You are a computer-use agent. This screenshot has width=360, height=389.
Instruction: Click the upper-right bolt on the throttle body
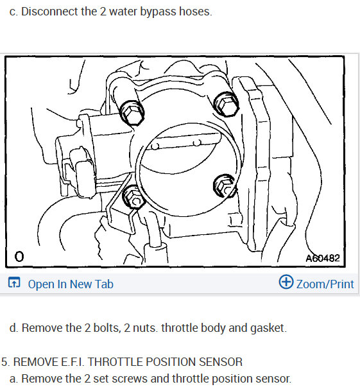pos(226,102)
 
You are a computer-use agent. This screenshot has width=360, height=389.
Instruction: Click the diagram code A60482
pos(322,258)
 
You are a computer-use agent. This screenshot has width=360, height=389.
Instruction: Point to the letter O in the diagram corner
pos(19,257)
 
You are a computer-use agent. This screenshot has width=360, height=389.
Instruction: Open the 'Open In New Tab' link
pos(71,284)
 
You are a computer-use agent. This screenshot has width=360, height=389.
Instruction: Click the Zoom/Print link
pos(325,284)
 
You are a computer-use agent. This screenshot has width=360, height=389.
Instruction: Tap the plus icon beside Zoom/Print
pos(286,282)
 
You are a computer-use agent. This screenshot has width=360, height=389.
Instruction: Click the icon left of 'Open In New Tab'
pos(14,283)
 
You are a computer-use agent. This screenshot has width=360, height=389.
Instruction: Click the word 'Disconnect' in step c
pos(50,12)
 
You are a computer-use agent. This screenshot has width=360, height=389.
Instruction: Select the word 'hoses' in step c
pos(196,12)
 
